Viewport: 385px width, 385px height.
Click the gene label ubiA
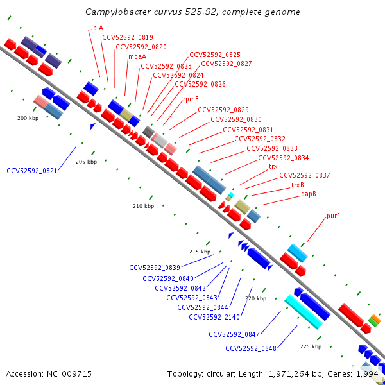point(96,28)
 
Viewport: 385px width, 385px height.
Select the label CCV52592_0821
point(32,171)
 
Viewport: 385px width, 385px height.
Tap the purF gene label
point(333,216)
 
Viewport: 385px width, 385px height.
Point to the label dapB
point(309,194)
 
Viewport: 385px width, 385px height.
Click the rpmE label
point(191,99)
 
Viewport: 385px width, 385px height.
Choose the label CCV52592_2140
point(214,317)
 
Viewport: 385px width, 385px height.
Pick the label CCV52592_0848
point(251,348)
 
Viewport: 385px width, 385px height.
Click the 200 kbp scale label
point(28,118)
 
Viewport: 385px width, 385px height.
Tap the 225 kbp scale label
point(311,346)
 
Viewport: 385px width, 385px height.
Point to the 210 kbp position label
point(143,206)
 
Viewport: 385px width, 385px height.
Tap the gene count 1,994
point(368,373)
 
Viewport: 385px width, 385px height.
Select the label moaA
point(137,56)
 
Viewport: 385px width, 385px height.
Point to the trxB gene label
point(298,185)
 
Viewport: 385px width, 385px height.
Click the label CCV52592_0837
point(305,175)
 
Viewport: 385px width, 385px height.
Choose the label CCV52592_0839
point(155,268)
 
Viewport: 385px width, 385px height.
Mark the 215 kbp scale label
point(200,252)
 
